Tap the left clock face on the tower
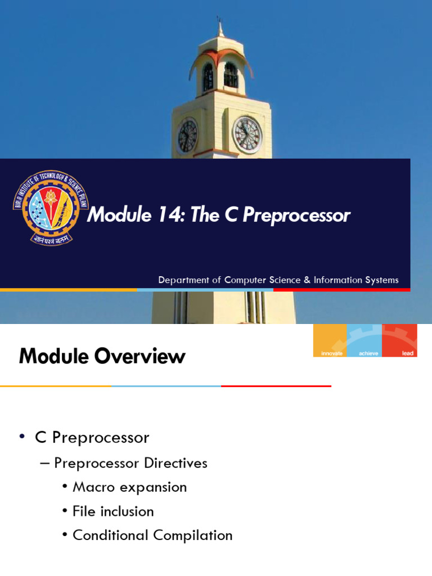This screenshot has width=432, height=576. click(187, 136)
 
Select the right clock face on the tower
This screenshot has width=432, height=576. click(247, 134)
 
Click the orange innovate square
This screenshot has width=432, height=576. click(330, 340)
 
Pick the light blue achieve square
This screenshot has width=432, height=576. click(364, 340)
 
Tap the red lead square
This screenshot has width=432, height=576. click(399, 340)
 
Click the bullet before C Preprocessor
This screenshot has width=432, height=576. click(22, 438)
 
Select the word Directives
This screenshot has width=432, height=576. click(175, 463)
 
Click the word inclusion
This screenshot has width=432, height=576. click(128, 511)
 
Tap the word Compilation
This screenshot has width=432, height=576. click(192, 535)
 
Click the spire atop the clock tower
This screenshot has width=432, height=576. click(220, 27)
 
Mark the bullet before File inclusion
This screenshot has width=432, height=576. click(66, 511)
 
